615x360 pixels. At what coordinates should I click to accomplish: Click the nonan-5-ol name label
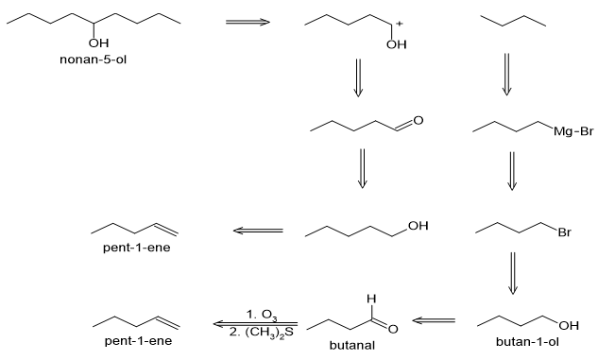pos(93,60)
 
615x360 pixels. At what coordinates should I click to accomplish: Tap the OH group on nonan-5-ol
pos(98,43)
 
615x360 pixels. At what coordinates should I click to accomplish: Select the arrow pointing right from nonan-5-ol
pos(248,22)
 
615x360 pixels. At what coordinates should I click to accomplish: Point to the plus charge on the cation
pos(399,24)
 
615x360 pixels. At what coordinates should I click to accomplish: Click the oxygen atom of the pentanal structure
pos(419,120)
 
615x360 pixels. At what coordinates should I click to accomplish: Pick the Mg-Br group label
pos(573,131)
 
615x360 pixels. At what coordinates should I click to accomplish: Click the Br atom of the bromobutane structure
pos(564,232)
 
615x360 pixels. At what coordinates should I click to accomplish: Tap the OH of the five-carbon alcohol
pos(419,226)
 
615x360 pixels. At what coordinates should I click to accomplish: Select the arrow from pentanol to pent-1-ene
pos(258,231)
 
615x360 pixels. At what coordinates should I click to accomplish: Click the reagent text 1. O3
pos(262,315)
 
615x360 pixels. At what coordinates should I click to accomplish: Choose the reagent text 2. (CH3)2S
pos(262,333)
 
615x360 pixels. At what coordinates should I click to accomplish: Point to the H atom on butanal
pos(371,299)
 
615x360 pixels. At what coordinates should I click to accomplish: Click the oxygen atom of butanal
pos(393,329)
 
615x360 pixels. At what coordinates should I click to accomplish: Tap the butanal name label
pos(351,345)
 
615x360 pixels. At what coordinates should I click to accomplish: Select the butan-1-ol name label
pos(527,341)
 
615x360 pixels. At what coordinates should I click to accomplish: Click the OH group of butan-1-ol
pos(569,325)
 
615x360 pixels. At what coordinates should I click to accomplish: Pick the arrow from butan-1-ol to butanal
pos(434,320)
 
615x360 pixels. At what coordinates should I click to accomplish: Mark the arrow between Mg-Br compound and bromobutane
pos(512,171)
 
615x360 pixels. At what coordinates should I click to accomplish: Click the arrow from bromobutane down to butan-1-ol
pos(513,273)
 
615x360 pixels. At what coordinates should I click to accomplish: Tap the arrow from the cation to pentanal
pos(358,77)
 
